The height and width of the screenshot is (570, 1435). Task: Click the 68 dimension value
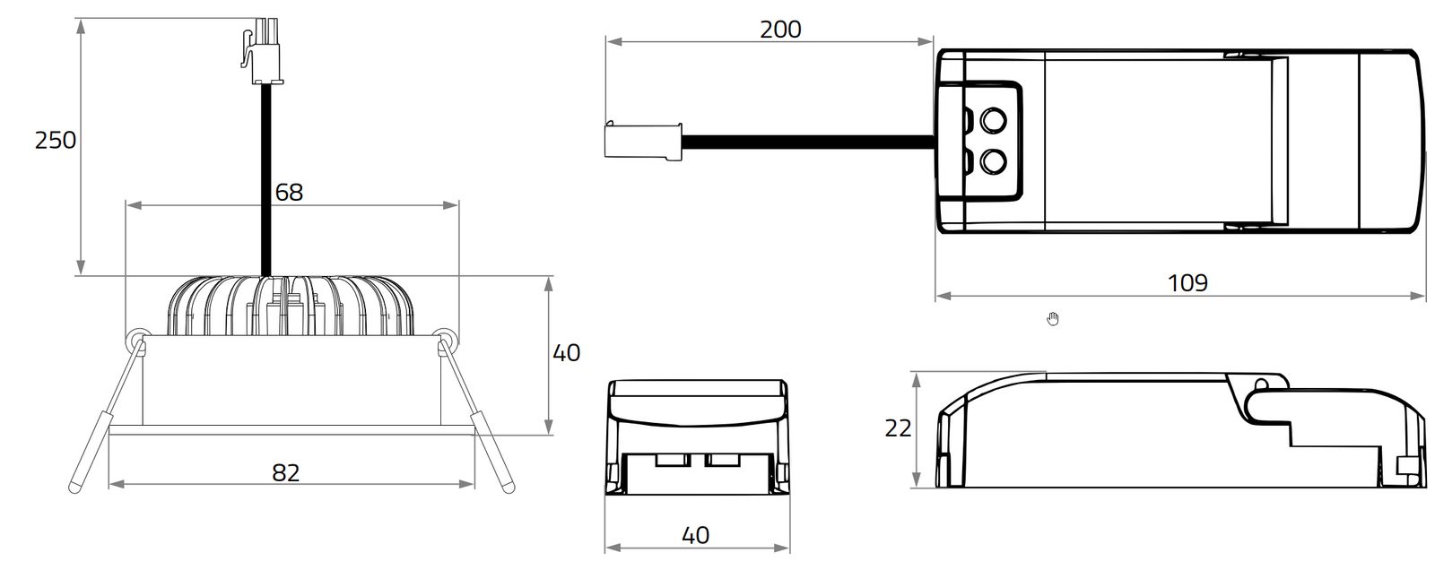tap(289, 192)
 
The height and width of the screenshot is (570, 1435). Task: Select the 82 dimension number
tap(285, 472)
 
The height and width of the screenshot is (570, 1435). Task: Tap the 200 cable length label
tap(780, 30)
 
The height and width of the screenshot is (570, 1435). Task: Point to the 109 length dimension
tap(1187, 283)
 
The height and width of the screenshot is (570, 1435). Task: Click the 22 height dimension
tap(898, 428)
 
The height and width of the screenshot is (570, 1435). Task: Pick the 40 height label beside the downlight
tap(566, 353)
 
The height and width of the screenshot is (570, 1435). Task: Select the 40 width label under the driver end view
tap(695, 535)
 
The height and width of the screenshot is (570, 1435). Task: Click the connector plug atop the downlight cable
tap(264, 52)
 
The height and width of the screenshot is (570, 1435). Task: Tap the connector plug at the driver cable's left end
tap(640, 141)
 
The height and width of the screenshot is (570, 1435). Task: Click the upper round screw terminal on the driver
tap(992, 119)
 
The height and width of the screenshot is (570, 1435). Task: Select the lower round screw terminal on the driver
tap(992, 162)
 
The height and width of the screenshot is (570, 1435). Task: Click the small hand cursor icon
tap(1053, 318)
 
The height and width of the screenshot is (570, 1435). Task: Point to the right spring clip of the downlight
tap(475, 411)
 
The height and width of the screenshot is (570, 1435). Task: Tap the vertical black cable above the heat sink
tap(265, 179)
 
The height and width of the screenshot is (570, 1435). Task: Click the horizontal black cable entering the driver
tap(807, 142)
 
